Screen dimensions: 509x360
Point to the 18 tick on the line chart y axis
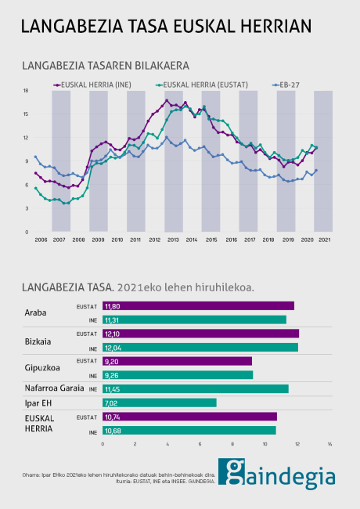pos(26,91)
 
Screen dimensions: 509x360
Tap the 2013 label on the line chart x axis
pos(173,239)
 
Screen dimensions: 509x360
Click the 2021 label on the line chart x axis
pos(324,239)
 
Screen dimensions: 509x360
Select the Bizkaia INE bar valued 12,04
pos(200,347)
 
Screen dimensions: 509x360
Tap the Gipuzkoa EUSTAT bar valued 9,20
pos(177,361)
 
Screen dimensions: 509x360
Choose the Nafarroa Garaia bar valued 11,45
pos(195,388)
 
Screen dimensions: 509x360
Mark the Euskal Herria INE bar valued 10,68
pos(189,430)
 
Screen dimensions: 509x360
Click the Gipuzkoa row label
pos(43,367)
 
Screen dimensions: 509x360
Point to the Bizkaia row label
pos(39,340)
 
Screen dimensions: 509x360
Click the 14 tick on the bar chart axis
pos(329,444)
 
